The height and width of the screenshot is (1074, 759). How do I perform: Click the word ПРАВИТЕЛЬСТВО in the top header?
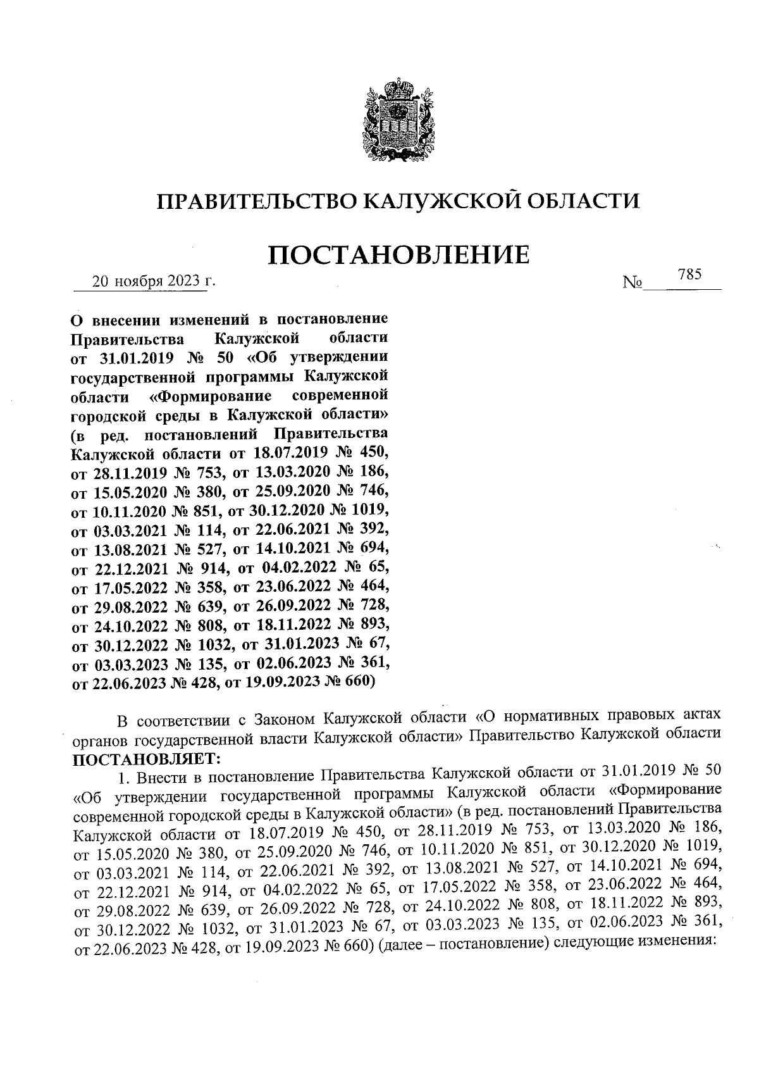coord(256,202)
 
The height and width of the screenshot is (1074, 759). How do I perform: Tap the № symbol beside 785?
coord(632,283)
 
